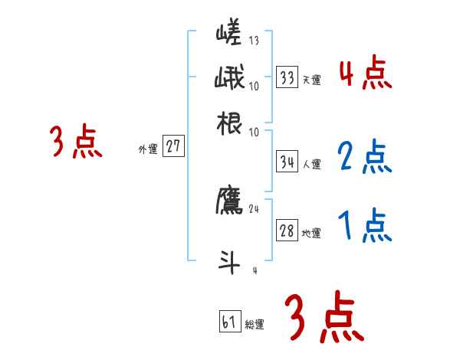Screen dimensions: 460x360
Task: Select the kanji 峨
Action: tap(229, 78)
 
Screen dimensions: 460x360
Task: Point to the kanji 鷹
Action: tap(229, 200)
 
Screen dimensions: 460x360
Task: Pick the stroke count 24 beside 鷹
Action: tap(254, 208)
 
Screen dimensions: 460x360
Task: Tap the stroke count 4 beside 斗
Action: tap(254, 270)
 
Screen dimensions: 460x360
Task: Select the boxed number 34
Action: tap(287, 162)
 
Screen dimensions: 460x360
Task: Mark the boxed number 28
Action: tap(287, 231)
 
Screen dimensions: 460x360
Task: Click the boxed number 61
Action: tap(228, 322)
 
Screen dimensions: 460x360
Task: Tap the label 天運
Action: tap(311, 80)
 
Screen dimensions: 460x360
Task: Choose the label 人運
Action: tap(311, 164)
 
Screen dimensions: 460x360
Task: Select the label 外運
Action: tap(148, 149)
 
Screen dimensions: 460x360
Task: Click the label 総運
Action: tap(255, 325)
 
